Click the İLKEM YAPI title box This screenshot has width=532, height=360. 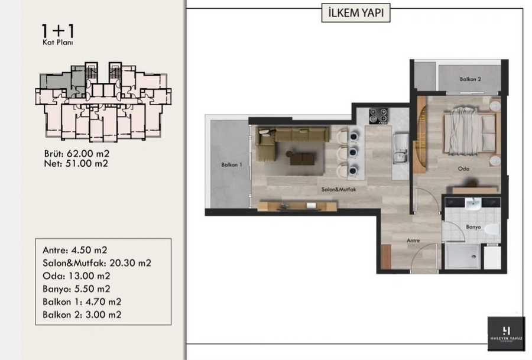pos(356,13)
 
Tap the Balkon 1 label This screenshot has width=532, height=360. pos(232,164)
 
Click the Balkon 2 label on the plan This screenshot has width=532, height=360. pos(471,79)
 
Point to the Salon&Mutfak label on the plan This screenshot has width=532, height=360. pos(339,189)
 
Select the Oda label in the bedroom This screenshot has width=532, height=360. pos(463,168)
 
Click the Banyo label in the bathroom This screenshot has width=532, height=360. pos(473,226)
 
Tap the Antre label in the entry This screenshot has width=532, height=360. pos(413,240)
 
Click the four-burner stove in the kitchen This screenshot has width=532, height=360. pos(378,116)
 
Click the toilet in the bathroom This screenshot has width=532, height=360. pos(492,229)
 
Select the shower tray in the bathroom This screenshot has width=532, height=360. pos(462,256)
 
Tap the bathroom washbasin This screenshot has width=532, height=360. pos(473,205)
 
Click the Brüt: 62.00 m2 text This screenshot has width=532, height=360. pos(77,154)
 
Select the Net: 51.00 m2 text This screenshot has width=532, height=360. pos(76,164)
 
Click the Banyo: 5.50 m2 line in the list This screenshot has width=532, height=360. pos(76,288)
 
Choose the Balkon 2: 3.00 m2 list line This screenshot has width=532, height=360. pos(82,314)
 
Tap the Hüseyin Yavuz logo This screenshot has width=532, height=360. pos(506,333)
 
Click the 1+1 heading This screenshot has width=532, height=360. pos(58,31)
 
